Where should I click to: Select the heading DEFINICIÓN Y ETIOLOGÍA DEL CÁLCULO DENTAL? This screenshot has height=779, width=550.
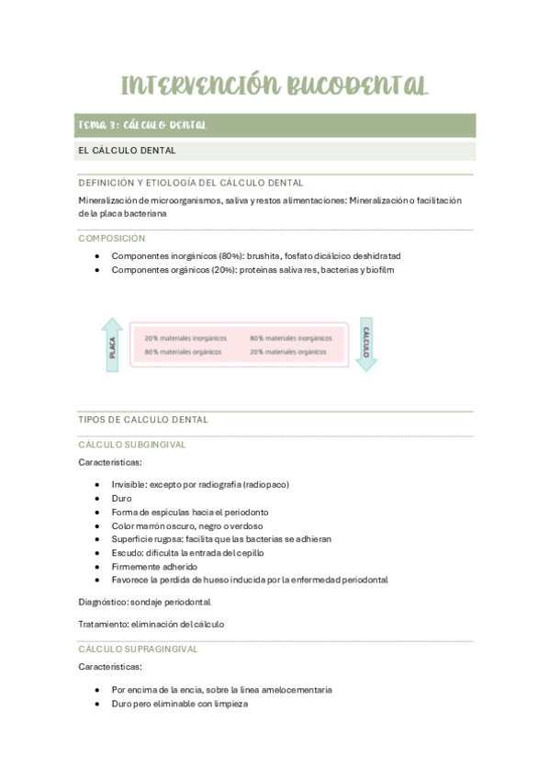(x=191, y=183)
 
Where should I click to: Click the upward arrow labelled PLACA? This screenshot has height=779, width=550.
(x=112, y=344)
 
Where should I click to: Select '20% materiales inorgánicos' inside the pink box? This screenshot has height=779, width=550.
(x=185, y=337)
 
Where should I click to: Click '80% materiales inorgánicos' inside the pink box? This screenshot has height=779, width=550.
(x=291, y=337)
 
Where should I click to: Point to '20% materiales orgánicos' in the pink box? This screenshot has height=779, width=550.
(x=288, y=352)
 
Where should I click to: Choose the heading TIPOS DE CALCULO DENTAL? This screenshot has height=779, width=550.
(x=143, y=420)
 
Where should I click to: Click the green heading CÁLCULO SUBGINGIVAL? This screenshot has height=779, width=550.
(x=132, y=445)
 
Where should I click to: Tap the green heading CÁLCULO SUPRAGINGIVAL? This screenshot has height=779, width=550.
(x=139, y=649)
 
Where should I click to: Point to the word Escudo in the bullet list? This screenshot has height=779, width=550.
(x=127, y=553)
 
